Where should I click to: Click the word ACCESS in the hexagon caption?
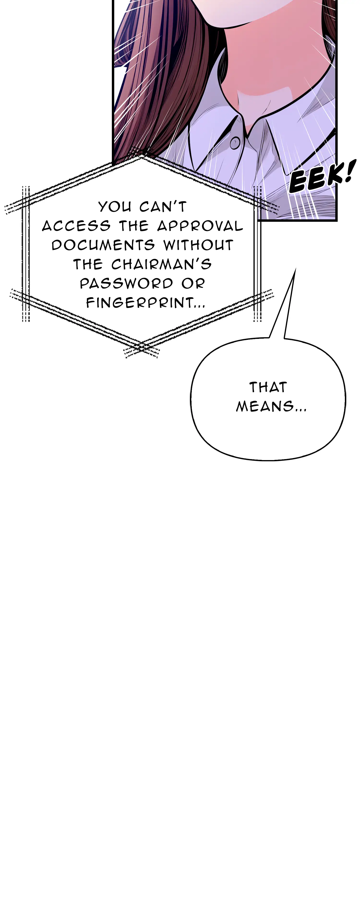[x=76, y=226]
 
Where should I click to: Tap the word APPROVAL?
[x=200, y=226]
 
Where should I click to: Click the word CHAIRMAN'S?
[x=162, y=264]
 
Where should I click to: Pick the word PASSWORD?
[x=126, y=283]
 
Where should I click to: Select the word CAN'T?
[x=163, y=207]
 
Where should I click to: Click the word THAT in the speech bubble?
[x=268, y=387]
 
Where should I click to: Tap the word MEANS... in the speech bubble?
[x=271, y=406]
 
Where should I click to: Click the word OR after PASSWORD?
[x=192, y=283]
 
